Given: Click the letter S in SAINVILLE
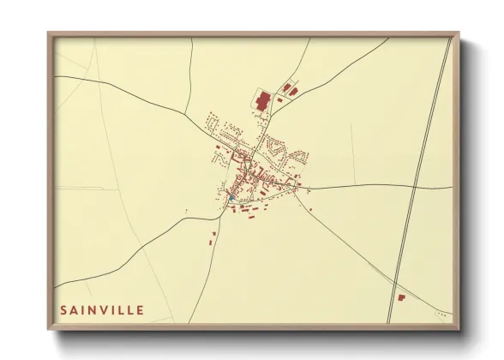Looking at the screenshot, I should pos(63,309).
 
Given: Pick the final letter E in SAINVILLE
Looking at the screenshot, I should pos(140,309).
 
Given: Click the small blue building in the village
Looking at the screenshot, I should pos(231,199).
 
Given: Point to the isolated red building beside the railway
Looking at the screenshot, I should pos(400,297).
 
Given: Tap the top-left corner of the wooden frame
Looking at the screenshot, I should pos(49,34).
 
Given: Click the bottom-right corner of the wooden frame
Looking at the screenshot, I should pos(459,329).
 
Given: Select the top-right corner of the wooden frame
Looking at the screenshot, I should pos(459,34).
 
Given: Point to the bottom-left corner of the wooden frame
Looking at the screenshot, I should pos(49,329).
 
